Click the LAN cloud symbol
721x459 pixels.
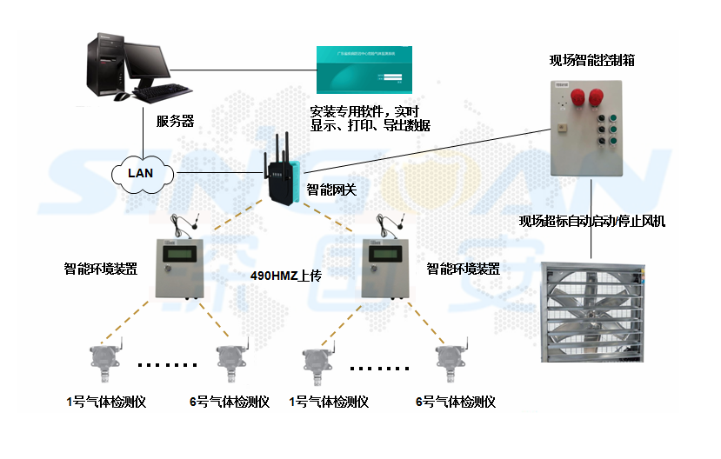(x=140, y=172)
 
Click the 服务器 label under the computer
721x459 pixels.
(x=175, y=121)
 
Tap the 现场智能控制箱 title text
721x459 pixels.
(x=591, y=60)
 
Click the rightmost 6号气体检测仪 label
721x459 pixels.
(x=455, y=402)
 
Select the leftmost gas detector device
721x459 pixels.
(x=97, y=366)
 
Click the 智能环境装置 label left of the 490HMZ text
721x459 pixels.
(x=101, y=269)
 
